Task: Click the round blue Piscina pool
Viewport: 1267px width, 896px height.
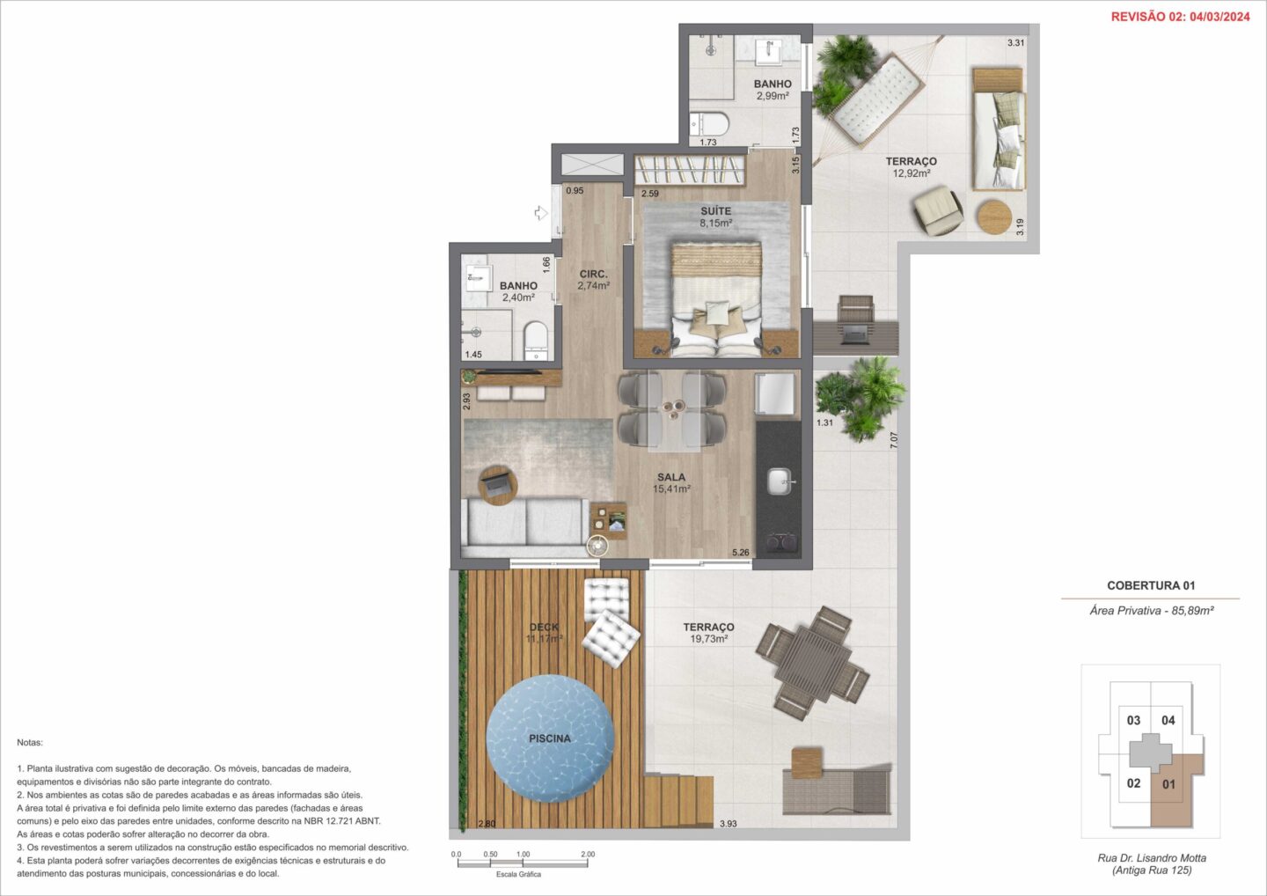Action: pyautogui.click(x=550, y=738)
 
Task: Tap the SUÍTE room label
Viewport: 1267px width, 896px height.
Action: pyautogui.click(x=715, y=211)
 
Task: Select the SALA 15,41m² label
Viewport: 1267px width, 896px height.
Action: pyautogui.click(x=671, y=483)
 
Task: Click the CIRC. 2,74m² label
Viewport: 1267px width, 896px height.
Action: pyautogui.click(x=593, y=280)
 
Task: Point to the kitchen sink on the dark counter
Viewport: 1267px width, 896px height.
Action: pyautogui.click(x=780, y=481)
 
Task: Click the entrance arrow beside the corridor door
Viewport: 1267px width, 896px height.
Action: pyautogui.click(x=541, y=213)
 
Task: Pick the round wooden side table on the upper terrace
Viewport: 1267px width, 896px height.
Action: pyautogui.click(x=994, y=217)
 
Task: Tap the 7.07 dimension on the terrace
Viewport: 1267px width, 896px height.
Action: pyautogui.click(x=893, y=440)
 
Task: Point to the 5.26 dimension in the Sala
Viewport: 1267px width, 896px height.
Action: pyautogui.click(x=741, y=553)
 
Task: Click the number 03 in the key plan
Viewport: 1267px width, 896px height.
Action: pyautogui.click(x=1133, y=720)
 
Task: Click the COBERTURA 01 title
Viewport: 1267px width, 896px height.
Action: pyautogui.click(x=1151, y=585)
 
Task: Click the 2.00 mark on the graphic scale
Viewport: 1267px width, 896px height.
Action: pyautogui.click(x=588, y=854)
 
